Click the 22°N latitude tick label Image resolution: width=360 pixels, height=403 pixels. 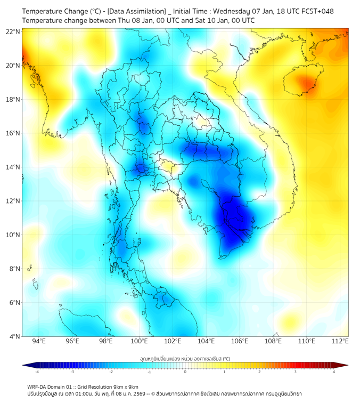[x=13, y=31]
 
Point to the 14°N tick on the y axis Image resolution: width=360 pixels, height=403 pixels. [x=13, y=167]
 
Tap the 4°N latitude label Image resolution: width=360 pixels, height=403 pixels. [x=14, y=336]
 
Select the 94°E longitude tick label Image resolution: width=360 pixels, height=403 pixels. [x=39, y=341]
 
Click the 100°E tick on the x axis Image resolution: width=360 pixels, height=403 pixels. [x=140, y=341]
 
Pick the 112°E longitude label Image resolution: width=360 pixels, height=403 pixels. [x=340, y=341]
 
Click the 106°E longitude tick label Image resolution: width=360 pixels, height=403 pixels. [x=240, y=341]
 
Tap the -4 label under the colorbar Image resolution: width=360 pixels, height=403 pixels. [x=37, y=372]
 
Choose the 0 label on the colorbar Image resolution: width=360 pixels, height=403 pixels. [x=185, y=372]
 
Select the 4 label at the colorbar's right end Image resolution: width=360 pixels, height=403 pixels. [x=334, y=372]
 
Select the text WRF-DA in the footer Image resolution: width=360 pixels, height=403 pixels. [x=38, y=386]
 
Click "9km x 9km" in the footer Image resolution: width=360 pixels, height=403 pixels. [x=123, y=386]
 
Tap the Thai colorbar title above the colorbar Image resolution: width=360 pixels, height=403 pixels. [x=185, y=359]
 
